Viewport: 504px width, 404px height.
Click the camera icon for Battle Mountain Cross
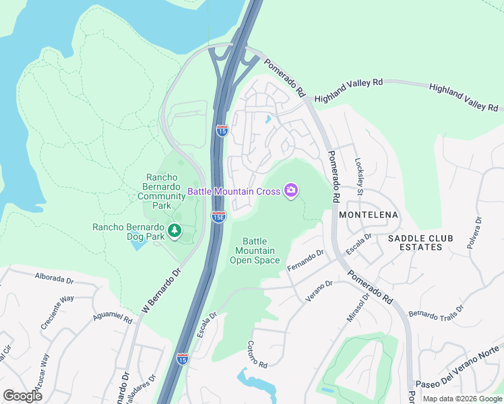point(291,191)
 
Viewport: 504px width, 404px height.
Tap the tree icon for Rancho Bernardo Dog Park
point(175,232)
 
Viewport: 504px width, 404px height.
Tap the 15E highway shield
point(218,216)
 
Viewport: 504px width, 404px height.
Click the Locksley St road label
point(359,176)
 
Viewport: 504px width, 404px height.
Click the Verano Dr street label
point(319,290)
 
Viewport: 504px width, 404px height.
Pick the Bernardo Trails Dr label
point(437,311)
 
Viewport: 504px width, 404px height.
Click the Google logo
point(23,396)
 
